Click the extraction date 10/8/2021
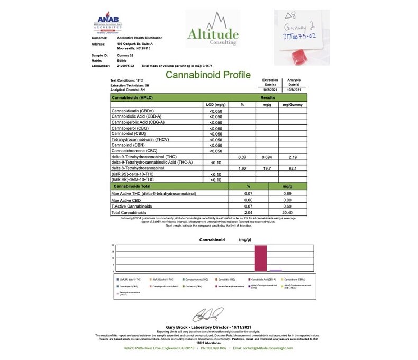270,90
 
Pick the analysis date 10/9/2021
294,90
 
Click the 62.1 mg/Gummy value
295,168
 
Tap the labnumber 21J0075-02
125,65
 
